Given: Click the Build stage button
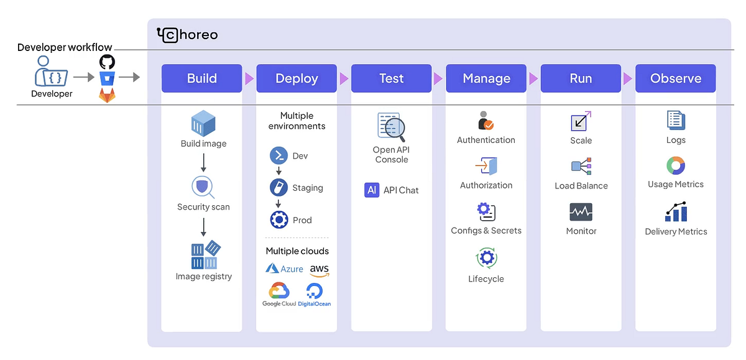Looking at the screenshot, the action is (x=202, y=78).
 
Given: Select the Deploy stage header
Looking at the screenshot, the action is (x=297, y=78).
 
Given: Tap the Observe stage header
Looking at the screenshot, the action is (x=676, y=78).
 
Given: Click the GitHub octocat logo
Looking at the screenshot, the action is (x=107, y=62).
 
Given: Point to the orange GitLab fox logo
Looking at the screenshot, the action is (x=107, y=95).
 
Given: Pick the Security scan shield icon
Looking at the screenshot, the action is (x=203, y=187).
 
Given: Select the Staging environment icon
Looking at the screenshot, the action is (x=279, y=188).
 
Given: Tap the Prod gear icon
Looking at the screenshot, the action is (x=279, y=220).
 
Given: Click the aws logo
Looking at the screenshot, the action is (x=320, y=270).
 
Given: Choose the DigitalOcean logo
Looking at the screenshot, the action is (x=315, y=295).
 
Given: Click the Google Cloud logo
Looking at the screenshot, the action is (x=279, y=294).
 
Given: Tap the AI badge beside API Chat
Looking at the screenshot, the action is (x=372, y=190).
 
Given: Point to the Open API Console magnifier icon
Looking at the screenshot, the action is (x=391, y=127).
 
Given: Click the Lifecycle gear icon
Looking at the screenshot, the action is (x=487, y=258).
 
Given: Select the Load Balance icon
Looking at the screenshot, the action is (x=581, y=166).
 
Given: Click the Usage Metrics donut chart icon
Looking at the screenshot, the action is (x=676, y=165).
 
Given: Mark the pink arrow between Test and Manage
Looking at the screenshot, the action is (x=438, y=78).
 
